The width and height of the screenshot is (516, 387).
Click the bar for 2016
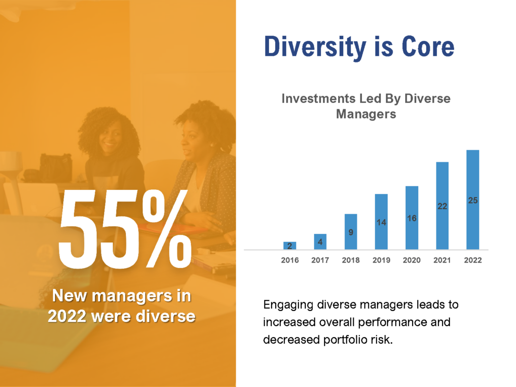(290, 245)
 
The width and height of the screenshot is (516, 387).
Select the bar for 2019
(381, 222)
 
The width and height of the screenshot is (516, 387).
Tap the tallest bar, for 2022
(473, 200)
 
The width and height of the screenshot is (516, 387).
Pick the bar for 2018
(351, 232)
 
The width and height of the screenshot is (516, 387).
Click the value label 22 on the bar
(442, 206)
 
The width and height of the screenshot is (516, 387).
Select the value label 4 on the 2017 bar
(320, 242)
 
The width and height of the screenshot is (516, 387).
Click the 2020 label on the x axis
(412, 261)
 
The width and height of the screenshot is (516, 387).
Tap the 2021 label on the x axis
(442, 261)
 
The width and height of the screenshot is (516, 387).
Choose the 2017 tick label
(320, 261)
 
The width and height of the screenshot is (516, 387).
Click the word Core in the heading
(428, 47)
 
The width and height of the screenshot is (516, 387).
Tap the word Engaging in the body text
(288, 305)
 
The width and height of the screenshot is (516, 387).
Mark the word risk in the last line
(381, 339)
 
